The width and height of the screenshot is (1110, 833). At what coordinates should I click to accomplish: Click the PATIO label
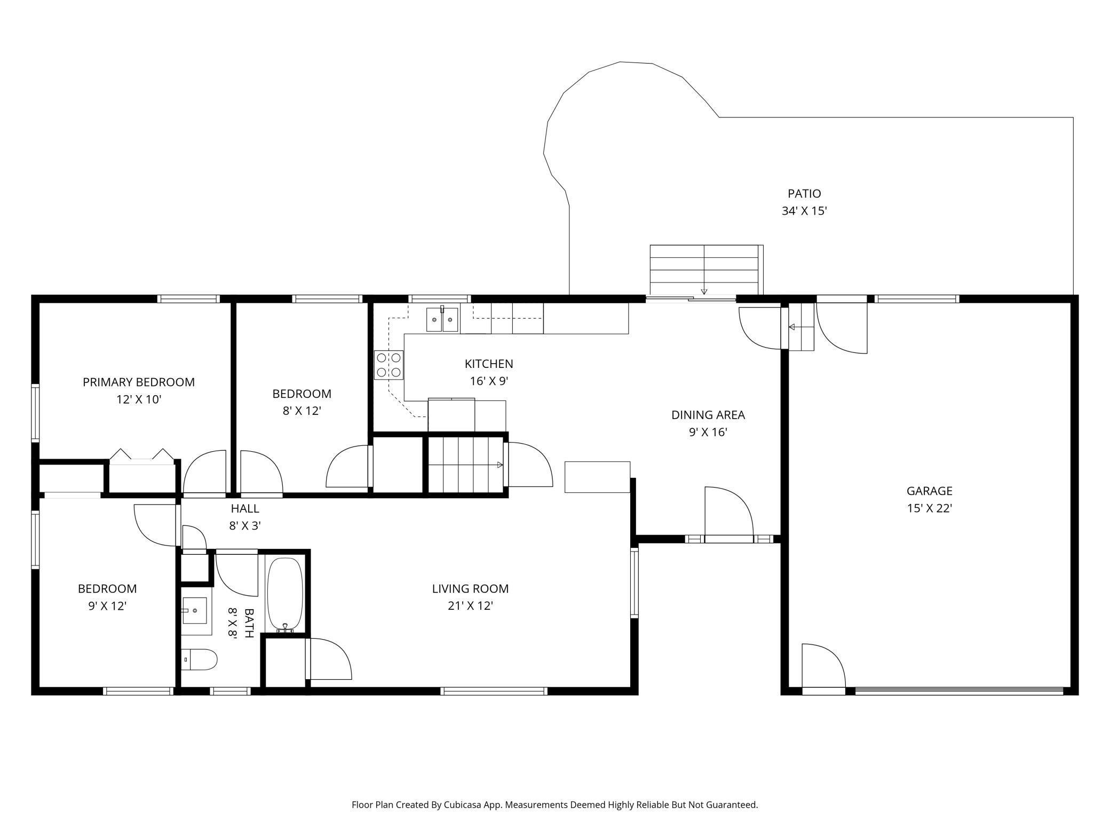tap(804, 193)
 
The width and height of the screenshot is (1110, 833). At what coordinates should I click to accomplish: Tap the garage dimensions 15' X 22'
tap(929, 508)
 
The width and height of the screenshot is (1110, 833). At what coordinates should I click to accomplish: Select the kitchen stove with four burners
tap(388, 365)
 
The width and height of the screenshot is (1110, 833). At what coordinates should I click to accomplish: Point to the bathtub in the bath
tap(285, 594)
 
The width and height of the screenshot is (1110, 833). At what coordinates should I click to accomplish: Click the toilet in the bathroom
tap(200, 659)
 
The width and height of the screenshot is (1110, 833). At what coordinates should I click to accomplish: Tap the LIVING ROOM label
tap(470, 588)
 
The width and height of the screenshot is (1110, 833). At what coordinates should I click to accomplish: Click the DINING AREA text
tap(708, 414)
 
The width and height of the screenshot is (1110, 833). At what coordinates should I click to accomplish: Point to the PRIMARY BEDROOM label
tap(138, 382)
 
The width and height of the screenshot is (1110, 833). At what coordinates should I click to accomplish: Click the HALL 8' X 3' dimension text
tap(244, 525)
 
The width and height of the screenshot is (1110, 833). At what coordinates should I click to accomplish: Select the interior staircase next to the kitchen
tap(466, 465)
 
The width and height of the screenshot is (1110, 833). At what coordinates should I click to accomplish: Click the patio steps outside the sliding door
tap(704, 269)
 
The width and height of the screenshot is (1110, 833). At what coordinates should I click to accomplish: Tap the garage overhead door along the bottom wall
tap(958, 691)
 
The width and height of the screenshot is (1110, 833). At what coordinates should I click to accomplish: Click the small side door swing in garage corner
tap(823, 667)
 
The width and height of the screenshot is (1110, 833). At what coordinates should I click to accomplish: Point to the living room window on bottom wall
tap(494, 691)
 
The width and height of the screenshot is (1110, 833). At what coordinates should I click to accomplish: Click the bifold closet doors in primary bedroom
tap(141, 455)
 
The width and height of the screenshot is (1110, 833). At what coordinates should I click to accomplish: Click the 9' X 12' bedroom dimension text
tap(107, 606)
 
